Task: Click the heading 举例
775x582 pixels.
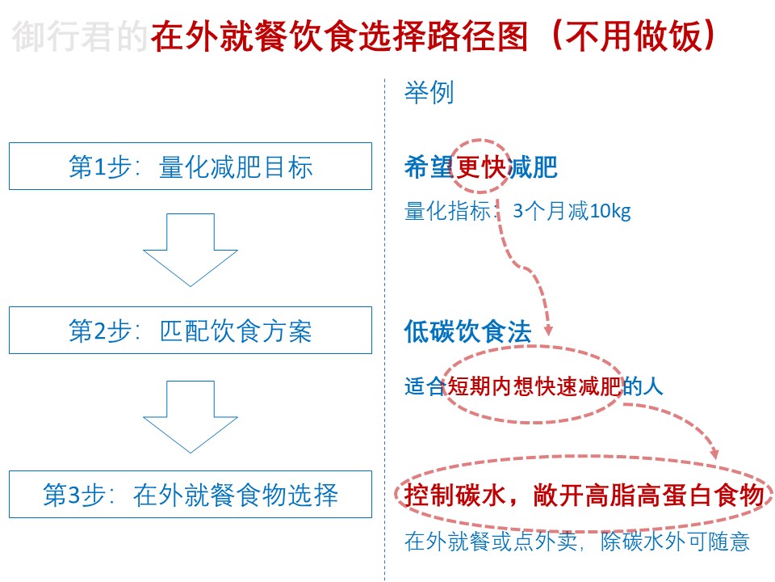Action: pyautogui.click(x=429, y=92)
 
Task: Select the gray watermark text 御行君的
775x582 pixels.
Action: pyautogui.click(x=80, y=36)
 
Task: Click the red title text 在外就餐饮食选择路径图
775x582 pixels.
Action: pyautogui.click(x=340, y=36)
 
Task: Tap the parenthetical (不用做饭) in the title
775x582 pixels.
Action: pyautogui.click(x=633, y=36)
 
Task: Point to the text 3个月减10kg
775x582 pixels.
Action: pyautogui.click(x=572, y=211)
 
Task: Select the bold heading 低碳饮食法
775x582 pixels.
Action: pyautogui.click(x=467, y=331)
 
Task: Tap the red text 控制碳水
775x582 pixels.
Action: pyautogui.click(x=455, y=495)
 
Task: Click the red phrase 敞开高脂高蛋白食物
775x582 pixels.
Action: pyautogui.click(x=649, y=495)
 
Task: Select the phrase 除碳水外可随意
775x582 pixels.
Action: pyautogui.click(x=675, y=542)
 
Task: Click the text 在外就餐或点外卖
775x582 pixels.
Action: pyautogui.click(x=491, y=542)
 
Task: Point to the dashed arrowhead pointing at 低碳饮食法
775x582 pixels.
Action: pyautogui.click(x=547, y=331)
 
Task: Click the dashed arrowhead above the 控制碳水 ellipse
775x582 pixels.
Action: pyautogui.click(x=714, y=453)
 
